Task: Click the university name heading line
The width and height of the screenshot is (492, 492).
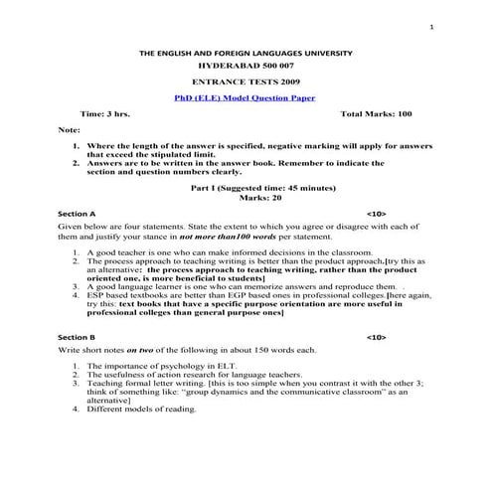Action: (246, 52)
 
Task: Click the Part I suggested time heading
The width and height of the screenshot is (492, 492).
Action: (246, 187)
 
